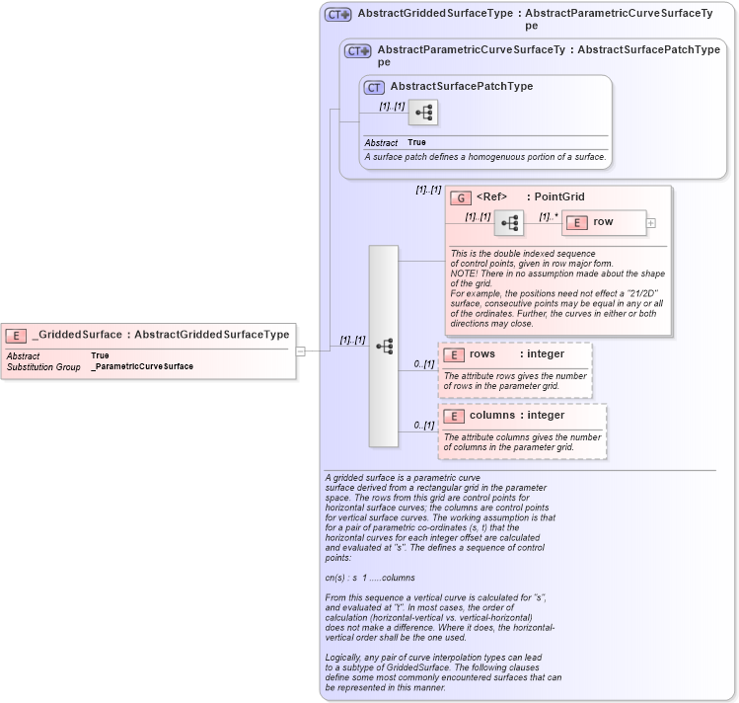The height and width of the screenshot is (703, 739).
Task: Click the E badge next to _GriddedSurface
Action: [x=17, y=335]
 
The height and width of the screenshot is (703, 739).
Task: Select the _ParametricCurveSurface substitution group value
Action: [x=142, y=366]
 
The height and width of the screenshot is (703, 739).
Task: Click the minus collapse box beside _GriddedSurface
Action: [x=301, y=350]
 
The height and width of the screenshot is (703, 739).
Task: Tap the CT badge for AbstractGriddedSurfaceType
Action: [x=338, y=15]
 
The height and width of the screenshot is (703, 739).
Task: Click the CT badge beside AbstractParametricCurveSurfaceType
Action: [x=357, y=50]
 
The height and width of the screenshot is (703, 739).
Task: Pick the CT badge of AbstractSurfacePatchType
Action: [x=375, y=87]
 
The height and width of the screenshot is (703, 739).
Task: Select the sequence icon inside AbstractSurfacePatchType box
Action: [x=424, y=113]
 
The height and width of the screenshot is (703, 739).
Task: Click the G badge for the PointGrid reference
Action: [x=460, y=197]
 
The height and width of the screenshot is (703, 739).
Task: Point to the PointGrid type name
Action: [x=559, y=197]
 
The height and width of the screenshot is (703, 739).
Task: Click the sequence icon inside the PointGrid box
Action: [x=509, y=223]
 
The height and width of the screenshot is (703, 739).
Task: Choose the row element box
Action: [x=604, y=223]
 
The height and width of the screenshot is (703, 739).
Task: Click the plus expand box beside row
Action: [x=651, y=223]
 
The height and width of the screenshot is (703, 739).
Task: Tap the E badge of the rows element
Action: [x=454, y=354]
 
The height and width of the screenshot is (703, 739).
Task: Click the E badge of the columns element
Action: [x=454, y=416]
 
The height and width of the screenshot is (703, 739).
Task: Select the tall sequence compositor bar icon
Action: [x=384, y=346]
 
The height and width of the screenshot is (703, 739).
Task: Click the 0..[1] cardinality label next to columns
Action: [x=424, y=425]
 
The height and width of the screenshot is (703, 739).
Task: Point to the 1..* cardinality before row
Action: [x=549, y=215]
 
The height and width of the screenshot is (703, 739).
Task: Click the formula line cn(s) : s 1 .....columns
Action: [x=370, y=577]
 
